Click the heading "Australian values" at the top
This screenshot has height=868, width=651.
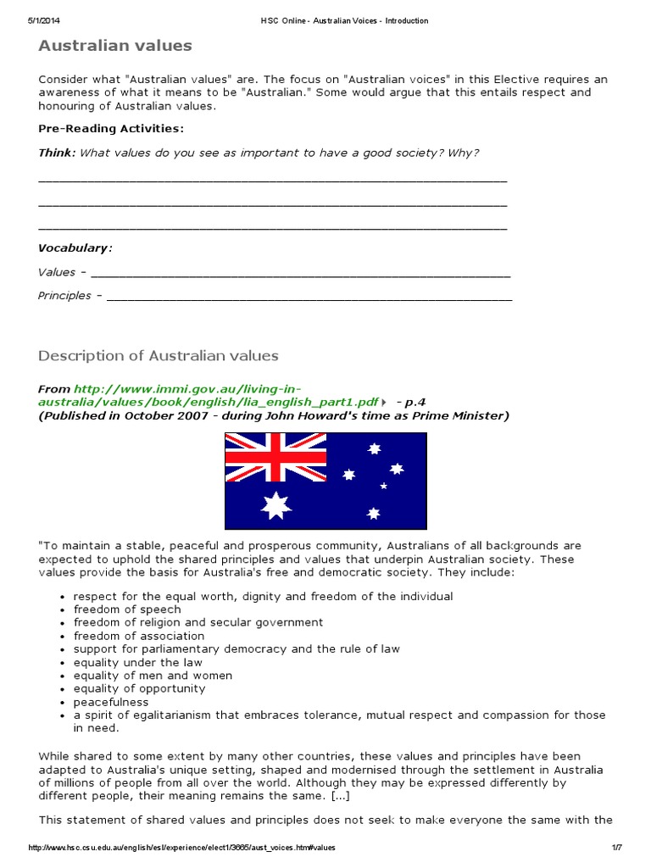[x=115, y=46]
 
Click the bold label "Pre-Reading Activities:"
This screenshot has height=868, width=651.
[x=110, y=129]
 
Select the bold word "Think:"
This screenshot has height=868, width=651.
[x=57, y=153]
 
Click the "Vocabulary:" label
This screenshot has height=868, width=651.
[x=75, y=248]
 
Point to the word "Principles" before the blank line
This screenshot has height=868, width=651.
[x=64, y=296]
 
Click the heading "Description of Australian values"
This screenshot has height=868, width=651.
[x=159, y=356]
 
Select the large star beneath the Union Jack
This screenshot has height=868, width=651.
[x=276, y=505]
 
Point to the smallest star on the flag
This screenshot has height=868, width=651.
[x=383, y=486]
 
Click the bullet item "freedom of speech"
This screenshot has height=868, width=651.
[x=127, y=609]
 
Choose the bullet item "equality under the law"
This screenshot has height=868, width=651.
[x=138, y=662]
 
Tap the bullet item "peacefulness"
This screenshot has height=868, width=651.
[x=111, y=702]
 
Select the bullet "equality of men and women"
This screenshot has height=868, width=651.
[x=153, y=676]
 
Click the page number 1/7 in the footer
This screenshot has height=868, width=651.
[x=616, y=849]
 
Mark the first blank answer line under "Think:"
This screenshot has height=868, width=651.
[x=272, y=181]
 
